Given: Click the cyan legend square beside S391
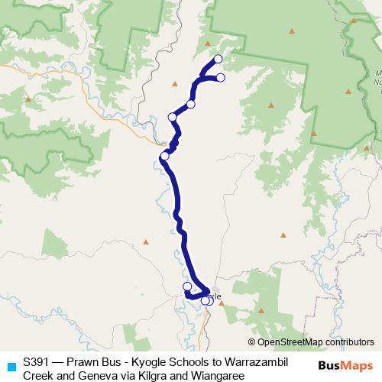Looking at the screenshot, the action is click(x=10, y=366).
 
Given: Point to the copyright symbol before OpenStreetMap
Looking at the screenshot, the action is click(x=252, y=342).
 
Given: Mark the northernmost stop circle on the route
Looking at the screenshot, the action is click(x=218, y=59).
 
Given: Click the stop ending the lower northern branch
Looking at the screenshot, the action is click(x=221, y=77).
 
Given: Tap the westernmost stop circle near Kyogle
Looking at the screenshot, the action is click(x=187, y=286).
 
